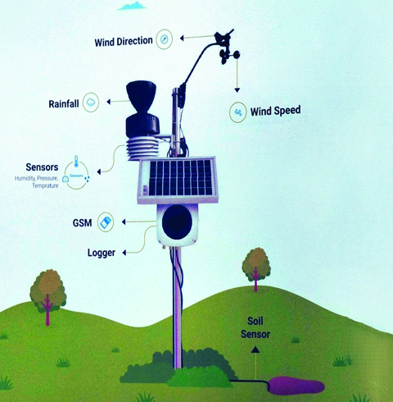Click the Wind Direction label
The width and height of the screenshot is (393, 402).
pos(124,42)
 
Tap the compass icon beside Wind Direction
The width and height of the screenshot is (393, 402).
pos(164,39)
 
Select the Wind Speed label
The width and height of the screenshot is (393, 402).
pos(275,111)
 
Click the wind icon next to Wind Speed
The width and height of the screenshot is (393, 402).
pos(238,112)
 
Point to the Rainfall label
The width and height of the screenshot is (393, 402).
pos(64,104)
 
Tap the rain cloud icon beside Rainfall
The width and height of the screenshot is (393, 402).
pos(91,103)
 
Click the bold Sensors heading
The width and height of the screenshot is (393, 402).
pos(42,167)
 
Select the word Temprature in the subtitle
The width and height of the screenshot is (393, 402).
pos(45,185)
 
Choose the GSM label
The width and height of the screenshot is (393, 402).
pos(82,223)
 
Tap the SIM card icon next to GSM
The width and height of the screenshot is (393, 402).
pos(106,222)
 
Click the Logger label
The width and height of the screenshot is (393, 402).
pos(102,253)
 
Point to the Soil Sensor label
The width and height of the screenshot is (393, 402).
pos(255,327)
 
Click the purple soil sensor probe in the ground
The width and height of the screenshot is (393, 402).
pos(296,386)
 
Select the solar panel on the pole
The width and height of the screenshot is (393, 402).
pos(178,180)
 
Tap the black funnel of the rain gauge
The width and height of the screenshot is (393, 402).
pos(141,96)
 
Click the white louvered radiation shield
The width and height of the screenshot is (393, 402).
pos(142,148)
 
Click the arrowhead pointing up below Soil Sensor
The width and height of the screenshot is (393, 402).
pos(255,349)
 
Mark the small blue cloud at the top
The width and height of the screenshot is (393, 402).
pos(132,6)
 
